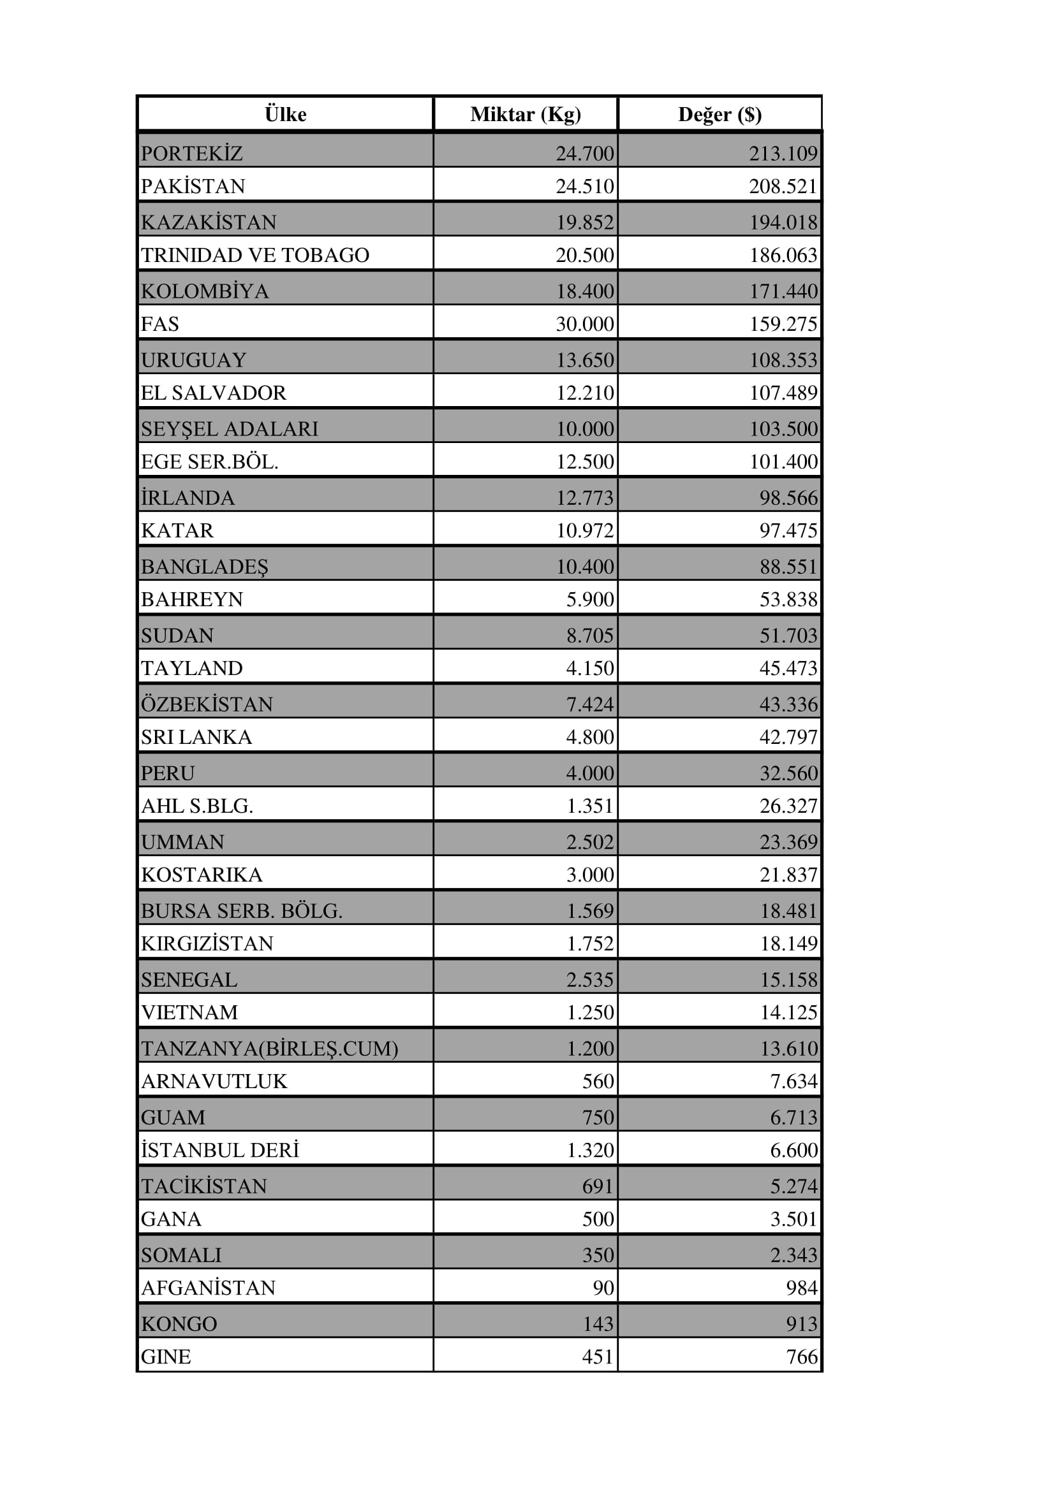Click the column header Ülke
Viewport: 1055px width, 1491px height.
(x=285, y=114)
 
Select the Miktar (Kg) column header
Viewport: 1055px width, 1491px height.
(x=525, y=114)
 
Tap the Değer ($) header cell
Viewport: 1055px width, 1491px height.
(x=719, y=114)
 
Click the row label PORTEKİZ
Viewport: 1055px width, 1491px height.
(x=191, y=153)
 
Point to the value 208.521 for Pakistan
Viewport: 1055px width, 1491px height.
(x=783, y=186)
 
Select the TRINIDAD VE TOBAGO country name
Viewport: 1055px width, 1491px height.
(x=255, y=255)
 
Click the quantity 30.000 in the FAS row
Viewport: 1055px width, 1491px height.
(x=584, y=324)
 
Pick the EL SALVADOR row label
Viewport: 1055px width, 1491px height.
(x=213, y=393)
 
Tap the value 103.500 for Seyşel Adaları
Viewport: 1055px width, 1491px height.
(x=783, y=429)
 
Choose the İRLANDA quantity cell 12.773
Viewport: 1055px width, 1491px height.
(x=584, y=498)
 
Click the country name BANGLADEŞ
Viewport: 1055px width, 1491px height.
(x=204, y=567)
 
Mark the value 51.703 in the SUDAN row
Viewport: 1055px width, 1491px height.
(x=788, y=636)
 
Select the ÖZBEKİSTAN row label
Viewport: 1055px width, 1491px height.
(x=207, y=704)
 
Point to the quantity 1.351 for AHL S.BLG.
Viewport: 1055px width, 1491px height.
(x=589, y=806)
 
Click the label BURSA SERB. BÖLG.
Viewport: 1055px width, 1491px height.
(x=241, y=911)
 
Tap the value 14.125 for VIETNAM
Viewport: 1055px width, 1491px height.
(x=788, y=1012)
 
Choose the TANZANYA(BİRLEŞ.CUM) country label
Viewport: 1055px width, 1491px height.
(x=269, y=1049)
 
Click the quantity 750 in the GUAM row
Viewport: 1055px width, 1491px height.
(x=598, y=1117)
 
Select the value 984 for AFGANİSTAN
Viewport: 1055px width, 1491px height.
(x=801, y=1288)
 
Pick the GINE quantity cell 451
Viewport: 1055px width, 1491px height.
(x=598, y=1356)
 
